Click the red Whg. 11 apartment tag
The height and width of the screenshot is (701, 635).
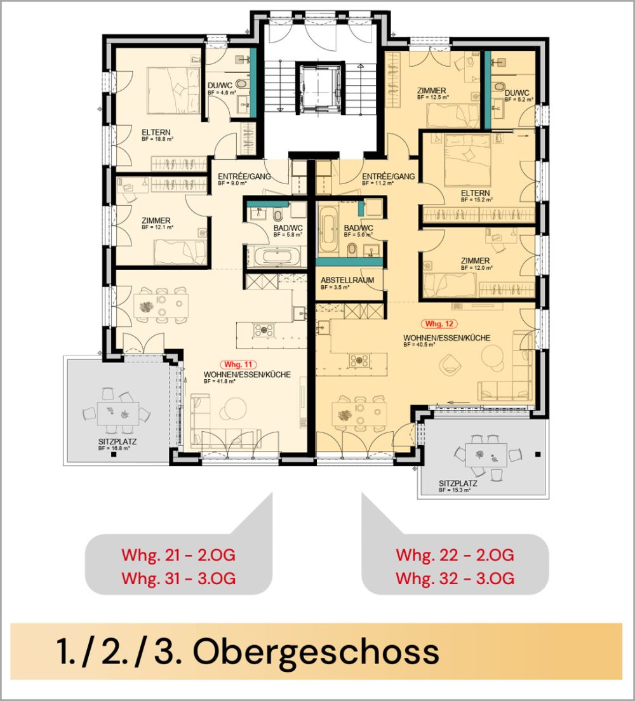click(x=238, y=364)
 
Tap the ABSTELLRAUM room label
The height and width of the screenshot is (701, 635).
click(x=347, y=280)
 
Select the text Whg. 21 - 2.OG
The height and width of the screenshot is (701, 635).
click(x=178, y=556)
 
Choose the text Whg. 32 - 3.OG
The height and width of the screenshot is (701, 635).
click(x=455, y=579)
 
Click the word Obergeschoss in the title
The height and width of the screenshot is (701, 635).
click(x=316, y=651)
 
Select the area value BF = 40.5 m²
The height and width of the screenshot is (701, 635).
click(x=419, y=345)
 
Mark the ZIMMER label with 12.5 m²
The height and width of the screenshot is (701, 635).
click(x=431, y=91)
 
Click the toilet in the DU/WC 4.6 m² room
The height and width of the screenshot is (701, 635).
click(x=243, y=84)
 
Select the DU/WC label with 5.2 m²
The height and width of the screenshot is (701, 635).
click(x=517, y=93)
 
